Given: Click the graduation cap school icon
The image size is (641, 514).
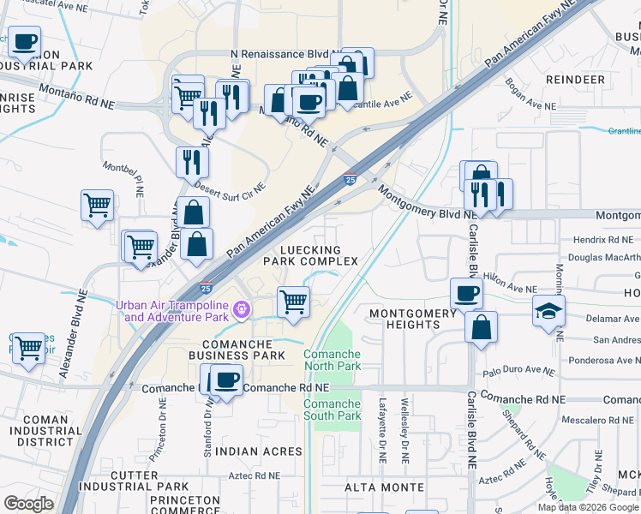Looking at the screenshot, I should point(548,312).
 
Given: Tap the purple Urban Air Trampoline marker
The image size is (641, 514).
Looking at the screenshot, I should point(242,308).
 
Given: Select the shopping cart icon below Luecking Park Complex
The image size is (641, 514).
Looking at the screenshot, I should point(293,302).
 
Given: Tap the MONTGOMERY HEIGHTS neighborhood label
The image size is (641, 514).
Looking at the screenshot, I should point(413,320).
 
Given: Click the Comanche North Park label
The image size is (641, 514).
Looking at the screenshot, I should point(332,360).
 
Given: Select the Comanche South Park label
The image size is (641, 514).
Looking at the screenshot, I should point(332,409).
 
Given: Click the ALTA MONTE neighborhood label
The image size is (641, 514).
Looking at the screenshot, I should point(384,487).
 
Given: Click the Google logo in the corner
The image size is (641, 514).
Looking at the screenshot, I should point(28,504).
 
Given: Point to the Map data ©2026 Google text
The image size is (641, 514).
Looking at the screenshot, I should point(587,507).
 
